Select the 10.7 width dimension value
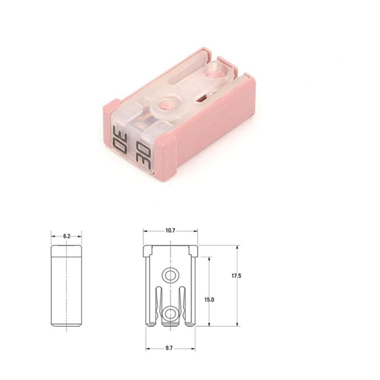pos(170,231)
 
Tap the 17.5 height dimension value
pos(236,276)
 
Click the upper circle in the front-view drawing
pos(170,275)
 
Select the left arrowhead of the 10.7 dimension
pos(145,231)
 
